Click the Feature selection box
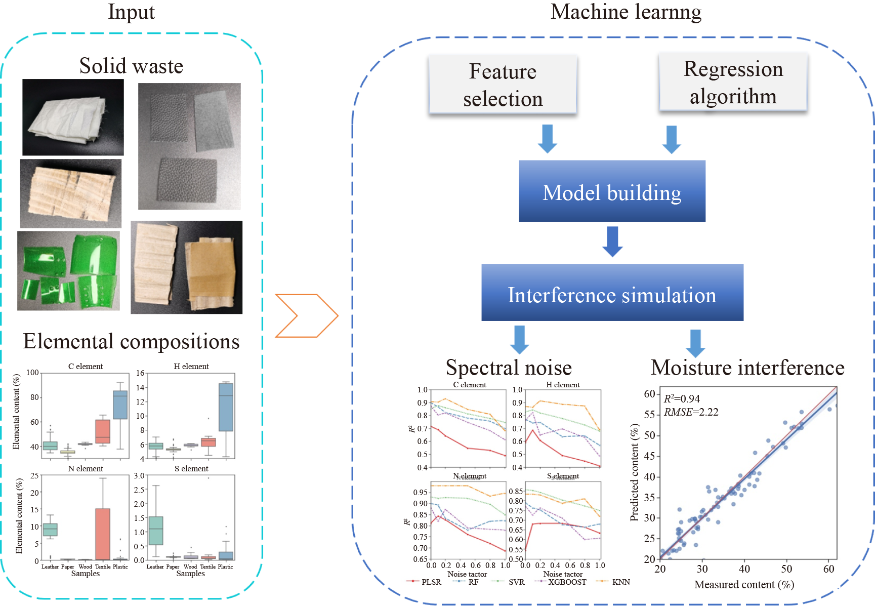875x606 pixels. pos(503,85)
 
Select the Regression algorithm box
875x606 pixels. pos(733,83)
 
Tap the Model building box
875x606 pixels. pos(612,191)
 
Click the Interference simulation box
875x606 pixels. pos(612,293)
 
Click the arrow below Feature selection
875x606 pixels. pos(547,138)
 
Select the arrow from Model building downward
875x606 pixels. pos(612,241)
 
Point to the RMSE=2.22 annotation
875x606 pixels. pos(691,412)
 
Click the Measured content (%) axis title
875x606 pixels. pos(744,585)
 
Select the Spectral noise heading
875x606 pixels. pos(509,368)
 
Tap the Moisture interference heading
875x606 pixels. pos(747,368)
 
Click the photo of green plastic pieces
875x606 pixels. pos(68,271)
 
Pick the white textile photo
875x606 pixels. pos(73,117)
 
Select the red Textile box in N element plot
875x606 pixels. pos(103,534)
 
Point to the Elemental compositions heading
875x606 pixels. pos(131,342)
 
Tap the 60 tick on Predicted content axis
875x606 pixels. pos(649,394)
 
